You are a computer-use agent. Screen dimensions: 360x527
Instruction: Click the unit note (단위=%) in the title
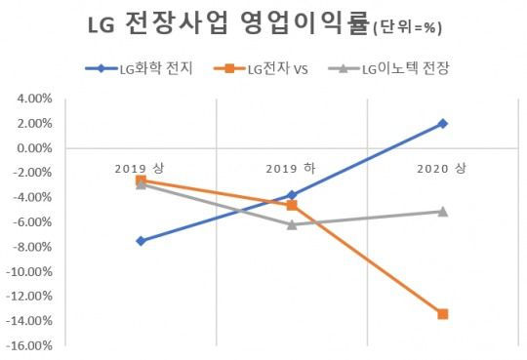tap(408, 29)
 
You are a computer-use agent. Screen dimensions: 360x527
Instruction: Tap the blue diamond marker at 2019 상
tap(142, 240)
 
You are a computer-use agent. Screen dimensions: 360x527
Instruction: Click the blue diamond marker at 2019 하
tap(292, 195)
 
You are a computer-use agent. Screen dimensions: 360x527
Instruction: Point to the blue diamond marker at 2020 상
tap(443, 123)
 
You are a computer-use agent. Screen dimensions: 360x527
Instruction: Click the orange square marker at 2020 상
tap(443, 313)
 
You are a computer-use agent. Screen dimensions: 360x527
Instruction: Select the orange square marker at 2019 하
tap(292, 205)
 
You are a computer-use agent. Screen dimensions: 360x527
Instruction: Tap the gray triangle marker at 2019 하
tap(292, 224)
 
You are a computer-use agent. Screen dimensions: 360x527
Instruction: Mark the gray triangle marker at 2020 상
tap(443, 211)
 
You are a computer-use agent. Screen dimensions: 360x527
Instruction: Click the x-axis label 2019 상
tap(141, 167)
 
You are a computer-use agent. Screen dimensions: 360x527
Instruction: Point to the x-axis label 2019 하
tap(292, 167)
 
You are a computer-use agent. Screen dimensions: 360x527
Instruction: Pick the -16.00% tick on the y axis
tap(29, 345)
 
